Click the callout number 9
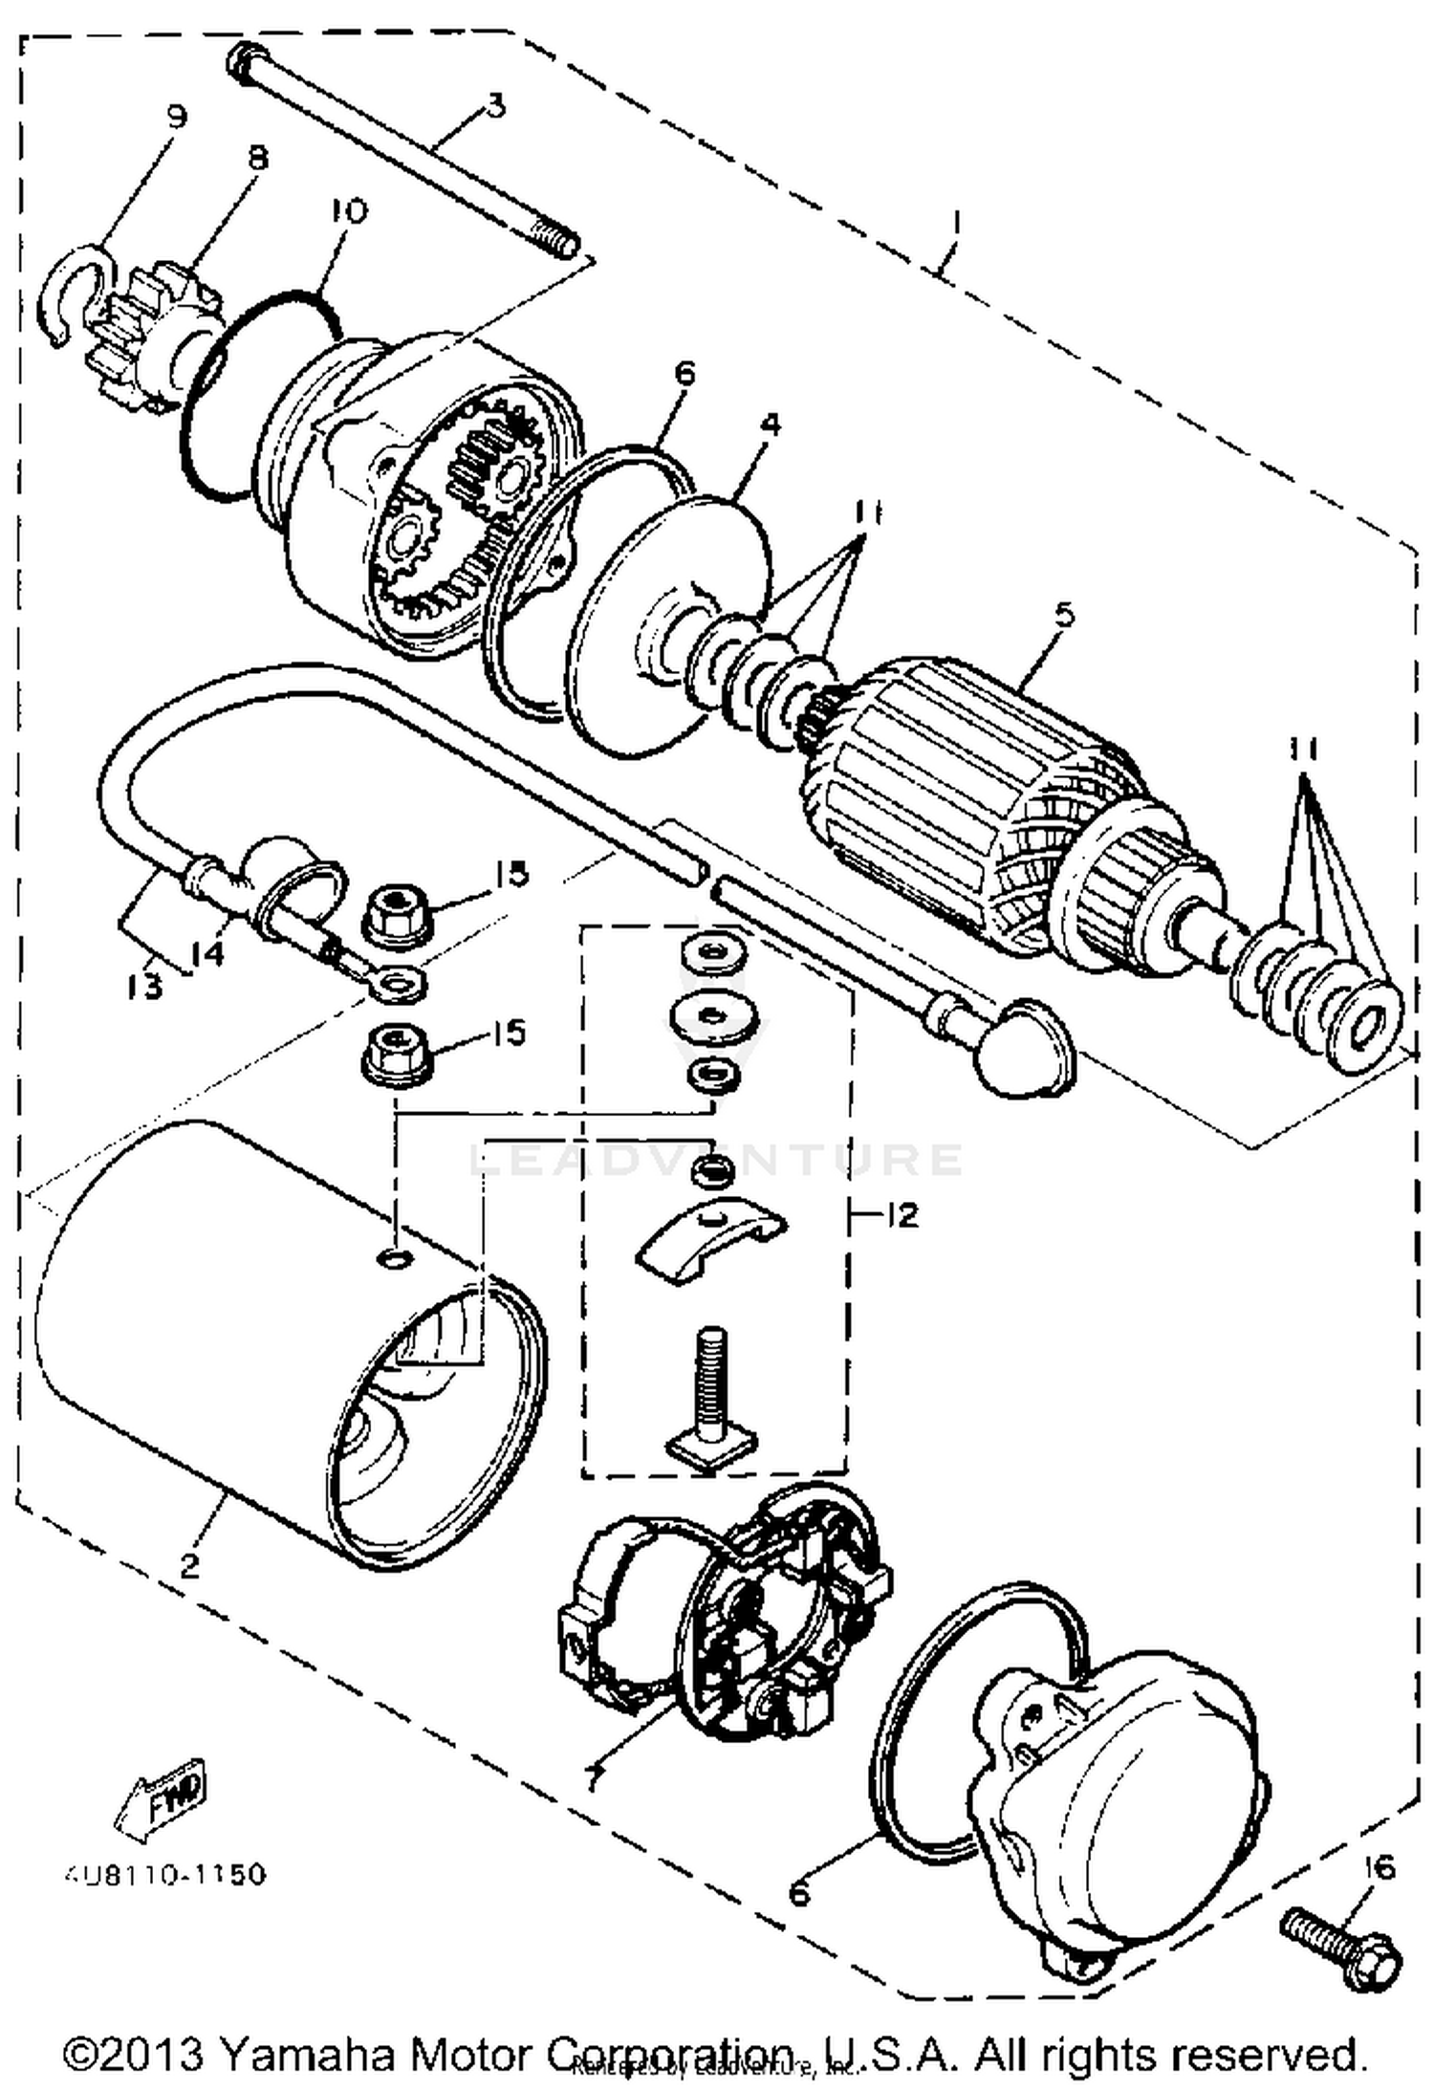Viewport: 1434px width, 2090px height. [176, 117]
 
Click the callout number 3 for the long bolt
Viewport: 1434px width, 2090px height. [494, 105]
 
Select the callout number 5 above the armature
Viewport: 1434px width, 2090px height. [1064, 613]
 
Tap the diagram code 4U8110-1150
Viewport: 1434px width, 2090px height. [164, 1874]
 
